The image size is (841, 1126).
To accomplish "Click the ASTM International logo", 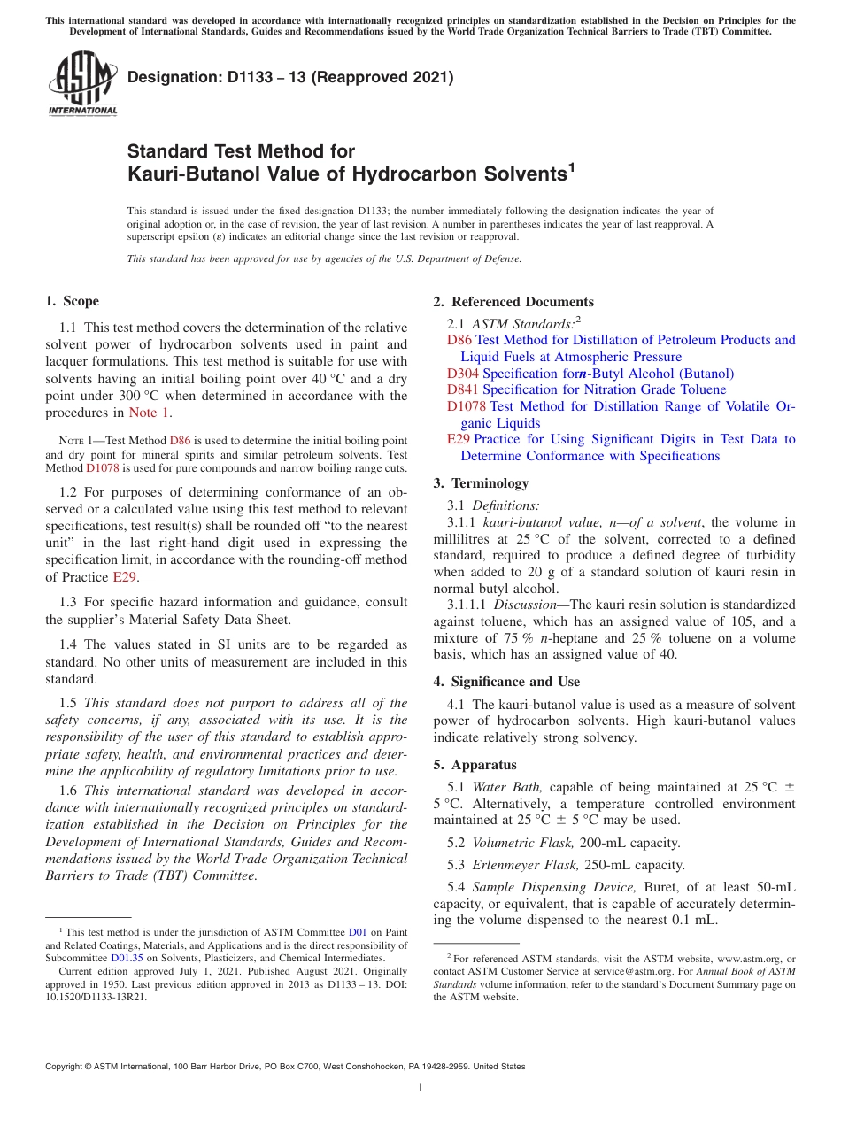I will [x=82, y=82].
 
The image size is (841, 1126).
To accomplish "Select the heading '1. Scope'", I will [x=73, y=301].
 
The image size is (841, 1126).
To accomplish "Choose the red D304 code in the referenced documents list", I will [x=463, y=374].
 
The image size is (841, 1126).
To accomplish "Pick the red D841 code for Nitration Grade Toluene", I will [x=463, y=389].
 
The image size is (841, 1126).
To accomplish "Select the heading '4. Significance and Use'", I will [x=506, y=682].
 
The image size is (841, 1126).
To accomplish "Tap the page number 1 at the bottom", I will [x=420, y=1088].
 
